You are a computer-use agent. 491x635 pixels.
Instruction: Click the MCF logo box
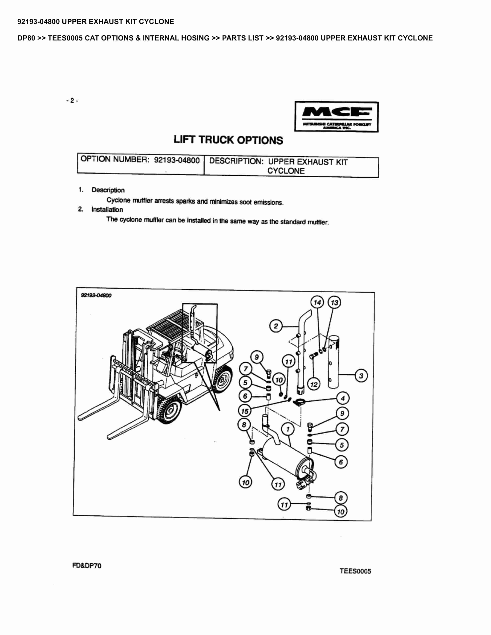tap(337, 117)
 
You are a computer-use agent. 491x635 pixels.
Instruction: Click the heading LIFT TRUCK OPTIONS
tap(228, 140)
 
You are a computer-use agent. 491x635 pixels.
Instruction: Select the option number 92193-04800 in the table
tap(177, 160)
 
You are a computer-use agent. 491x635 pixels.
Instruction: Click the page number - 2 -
tap(72, 101)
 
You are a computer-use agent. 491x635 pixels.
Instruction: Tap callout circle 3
tap(361, 376)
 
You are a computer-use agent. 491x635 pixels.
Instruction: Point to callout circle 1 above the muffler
tap(288, 429)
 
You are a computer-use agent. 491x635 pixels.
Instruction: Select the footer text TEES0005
tap(355, 571)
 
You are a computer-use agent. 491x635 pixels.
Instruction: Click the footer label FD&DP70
tap(87, 565)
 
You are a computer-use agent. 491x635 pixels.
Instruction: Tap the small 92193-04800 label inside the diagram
tap(96, 295)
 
